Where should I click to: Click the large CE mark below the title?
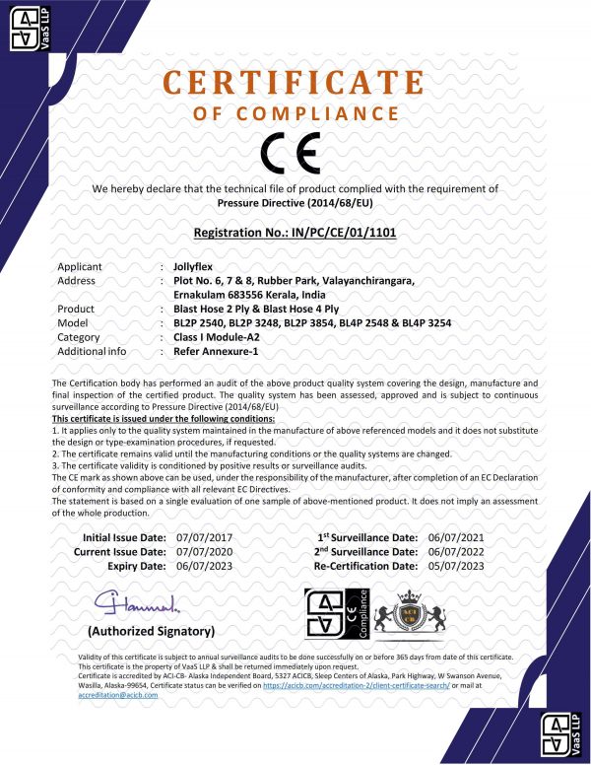click(295, 155)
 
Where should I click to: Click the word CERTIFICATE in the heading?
click(295, 82)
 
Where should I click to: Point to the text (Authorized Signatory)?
click(151, 630)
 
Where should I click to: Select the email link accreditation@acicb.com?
click(117, 696)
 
